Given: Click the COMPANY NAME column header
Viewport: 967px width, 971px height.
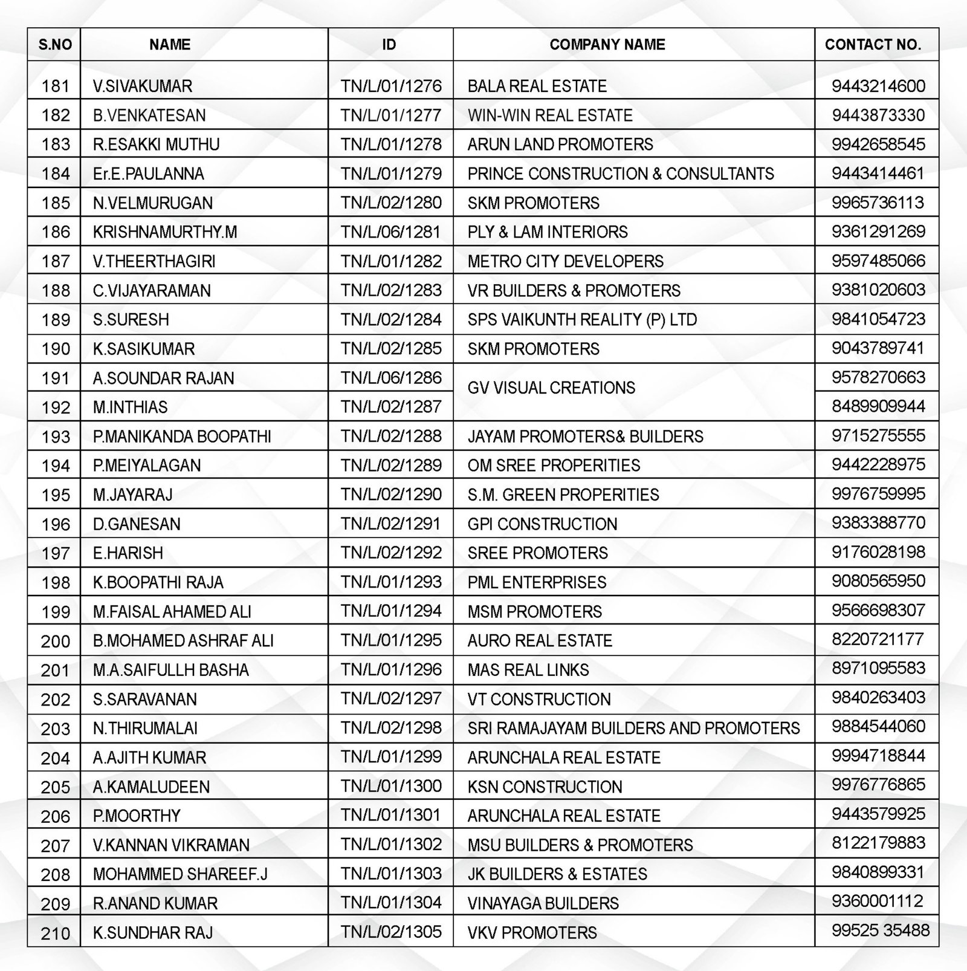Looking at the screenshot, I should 607,45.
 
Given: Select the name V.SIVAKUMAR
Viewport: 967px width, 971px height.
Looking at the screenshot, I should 143,86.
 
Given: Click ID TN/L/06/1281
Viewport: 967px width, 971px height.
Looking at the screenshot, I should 391,232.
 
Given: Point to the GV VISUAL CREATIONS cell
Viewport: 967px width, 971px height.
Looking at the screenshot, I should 551,388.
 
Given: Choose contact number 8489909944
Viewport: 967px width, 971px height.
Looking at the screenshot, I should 878,406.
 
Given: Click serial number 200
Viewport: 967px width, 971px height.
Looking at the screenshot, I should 56,641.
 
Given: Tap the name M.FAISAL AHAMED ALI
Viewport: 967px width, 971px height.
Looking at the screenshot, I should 172,612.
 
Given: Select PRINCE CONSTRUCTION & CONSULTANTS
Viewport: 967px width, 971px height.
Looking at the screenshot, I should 621,174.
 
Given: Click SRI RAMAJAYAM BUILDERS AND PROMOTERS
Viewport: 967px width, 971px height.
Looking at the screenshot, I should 633,729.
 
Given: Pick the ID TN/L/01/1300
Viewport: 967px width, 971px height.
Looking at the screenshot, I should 391,787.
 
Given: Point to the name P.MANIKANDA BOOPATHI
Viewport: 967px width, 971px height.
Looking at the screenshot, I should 182,437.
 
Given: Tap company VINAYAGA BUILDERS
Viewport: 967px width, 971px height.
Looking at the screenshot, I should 543,903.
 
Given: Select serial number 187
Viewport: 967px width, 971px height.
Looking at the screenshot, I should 56,262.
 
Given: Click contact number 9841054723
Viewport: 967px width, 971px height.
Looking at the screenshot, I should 878,319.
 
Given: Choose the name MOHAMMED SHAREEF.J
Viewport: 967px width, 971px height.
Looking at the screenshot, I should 180,874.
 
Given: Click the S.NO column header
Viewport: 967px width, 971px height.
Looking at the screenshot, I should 55,45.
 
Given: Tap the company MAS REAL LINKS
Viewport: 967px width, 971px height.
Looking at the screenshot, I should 528,670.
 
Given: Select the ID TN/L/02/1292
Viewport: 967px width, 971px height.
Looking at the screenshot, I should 391,553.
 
